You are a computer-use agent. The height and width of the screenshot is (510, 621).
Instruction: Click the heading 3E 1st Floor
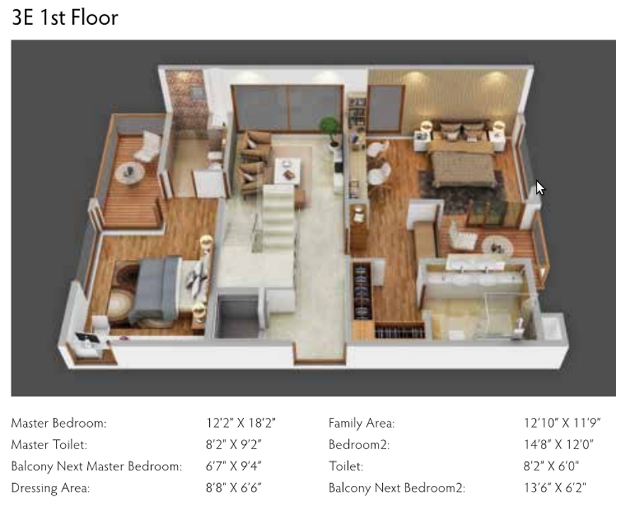click(x=65, y=17)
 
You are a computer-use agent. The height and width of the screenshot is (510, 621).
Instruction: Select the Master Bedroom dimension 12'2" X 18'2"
click(x=240, y=424)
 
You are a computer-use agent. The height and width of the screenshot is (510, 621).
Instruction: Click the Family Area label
click(x=362, y=424)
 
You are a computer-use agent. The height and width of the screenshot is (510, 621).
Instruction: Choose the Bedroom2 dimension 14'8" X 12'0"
click(x=558, y=445)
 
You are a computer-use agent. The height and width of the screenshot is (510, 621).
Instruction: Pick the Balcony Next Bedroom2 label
click(x=396, y=487)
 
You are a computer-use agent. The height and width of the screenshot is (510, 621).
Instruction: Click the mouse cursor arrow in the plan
click(x=540, y=188)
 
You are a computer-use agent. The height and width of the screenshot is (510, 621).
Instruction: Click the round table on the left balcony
click(x=130, y=173)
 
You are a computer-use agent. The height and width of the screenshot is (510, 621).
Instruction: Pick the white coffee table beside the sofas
click(x=288, y=170)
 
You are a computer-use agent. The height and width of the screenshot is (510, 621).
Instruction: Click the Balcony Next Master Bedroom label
click(x=96, y=466)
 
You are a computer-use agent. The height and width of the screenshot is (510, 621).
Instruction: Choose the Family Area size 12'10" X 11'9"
click(x=562, y=424)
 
